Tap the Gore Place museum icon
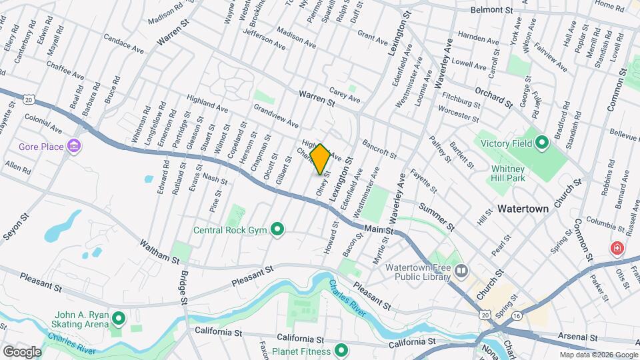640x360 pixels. (74, 147)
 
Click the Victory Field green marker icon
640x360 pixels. (542, 142)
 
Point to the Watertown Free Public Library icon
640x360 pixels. (461, 271)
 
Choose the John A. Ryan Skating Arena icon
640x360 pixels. (119, 319)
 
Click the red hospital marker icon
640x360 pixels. (617, 249)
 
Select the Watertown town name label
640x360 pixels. (523, 209)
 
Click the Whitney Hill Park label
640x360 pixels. (508, 173)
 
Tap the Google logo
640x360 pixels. (22, 351)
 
